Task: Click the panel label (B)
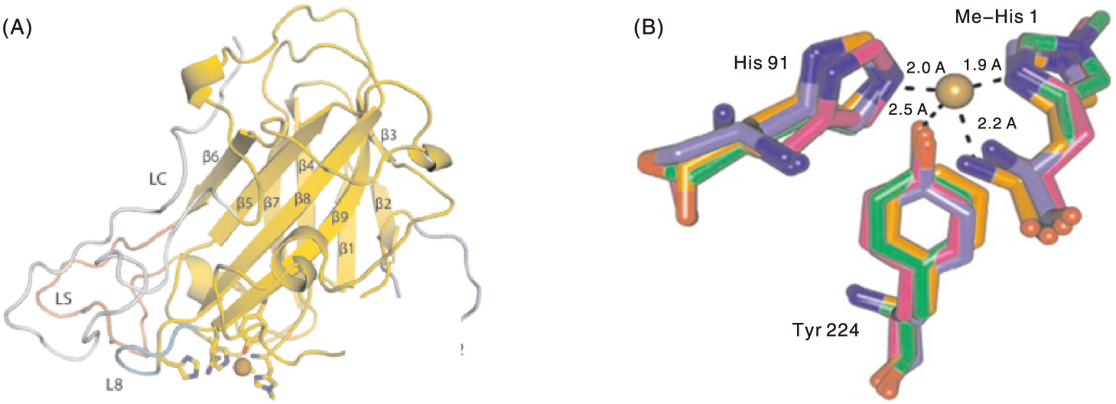648,28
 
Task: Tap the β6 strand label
212,156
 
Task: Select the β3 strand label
388,136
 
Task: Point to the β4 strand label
307,165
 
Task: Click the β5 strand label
244,204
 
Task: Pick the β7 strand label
272,204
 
